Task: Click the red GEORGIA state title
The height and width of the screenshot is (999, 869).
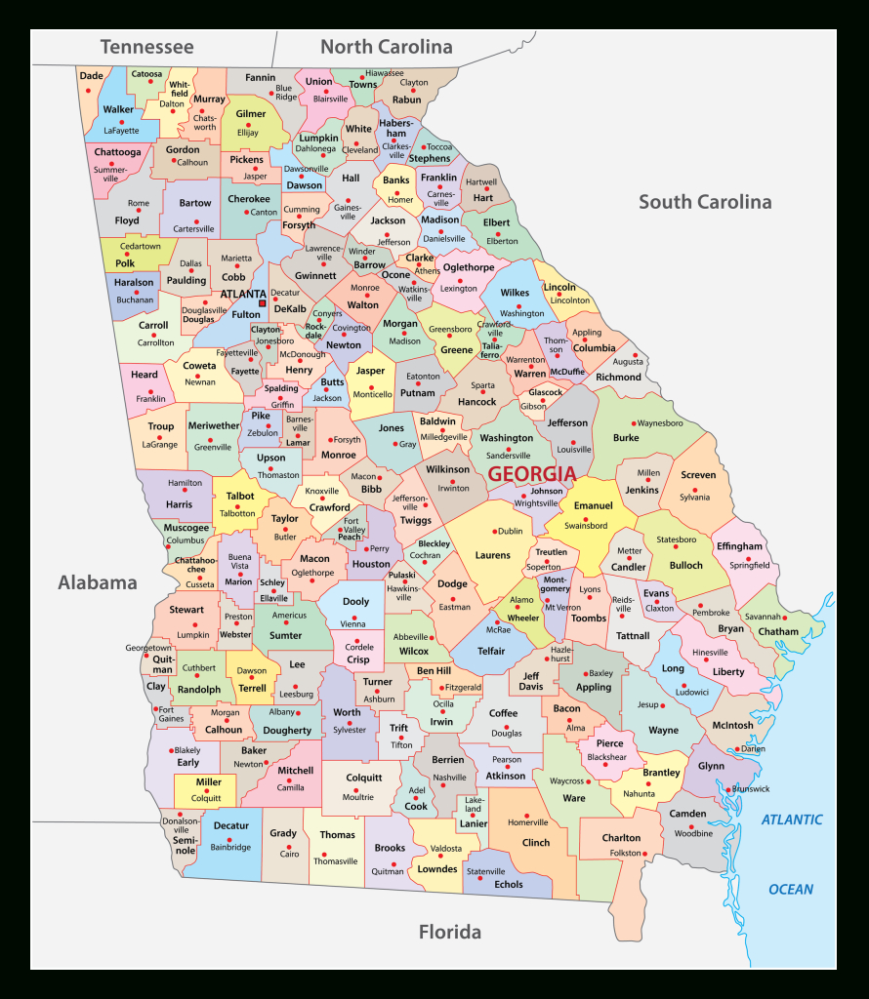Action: click(x=531, y=474)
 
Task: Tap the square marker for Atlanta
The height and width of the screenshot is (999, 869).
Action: click(x=262, y=303)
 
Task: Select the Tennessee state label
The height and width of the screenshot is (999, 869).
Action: click(x=146, y=46)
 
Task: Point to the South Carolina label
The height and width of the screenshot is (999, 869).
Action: click(x=705, y=202)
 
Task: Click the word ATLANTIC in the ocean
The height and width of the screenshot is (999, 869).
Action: click(x=792, y=819)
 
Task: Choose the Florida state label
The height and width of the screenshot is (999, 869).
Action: click(x=450, y=932)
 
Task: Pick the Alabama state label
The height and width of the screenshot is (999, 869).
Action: click(x=98, y=582)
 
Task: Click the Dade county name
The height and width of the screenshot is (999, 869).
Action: click(x=91, y=75)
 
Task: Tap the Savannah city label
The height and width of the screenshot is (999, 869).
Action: click(x=763, y=617)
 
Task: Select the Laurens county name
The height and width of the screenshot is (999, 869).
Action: click(x=493, y=555)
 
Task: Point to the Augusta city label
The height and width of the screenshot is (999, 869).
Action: click(x=628, y=361)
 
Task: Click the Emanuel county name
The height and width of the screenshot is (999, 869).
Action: click(x=593, y=505)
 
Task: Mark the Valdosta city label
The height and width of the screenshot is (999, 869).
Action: click(x=446, y=849)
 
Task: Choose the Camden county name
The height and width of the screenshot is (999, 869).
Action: click(x=687, y=814)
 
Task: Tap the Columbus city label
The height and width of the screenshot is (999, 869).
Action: click(x=186, y=539)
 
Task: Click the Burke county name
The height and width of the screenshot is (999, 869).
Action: click(x=626, y=438)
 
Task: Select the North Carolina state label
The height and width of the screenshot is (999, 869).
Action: click(x=387, y=46)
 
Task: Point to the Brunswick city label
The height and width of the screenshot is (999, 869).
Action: click(x=751, y=788)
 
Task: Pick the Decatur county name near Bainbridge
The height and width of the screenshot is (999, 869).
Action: click(x=231, y=825)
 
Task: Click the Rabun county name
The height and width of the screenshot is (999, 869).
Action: click(x=407, y=100)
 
